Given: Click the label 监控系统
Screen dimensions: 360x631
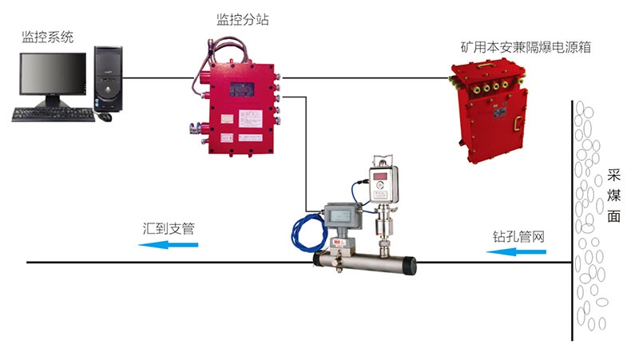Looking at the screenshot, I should (48, 37).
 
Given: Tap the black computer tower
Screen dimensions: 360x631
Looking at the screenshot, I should (109, 81).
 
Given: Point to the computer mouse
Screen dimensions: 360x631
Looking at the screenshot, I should (105, 117).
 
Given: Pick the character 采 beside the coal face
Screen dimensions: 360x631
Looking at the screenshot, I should (613, 176).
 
